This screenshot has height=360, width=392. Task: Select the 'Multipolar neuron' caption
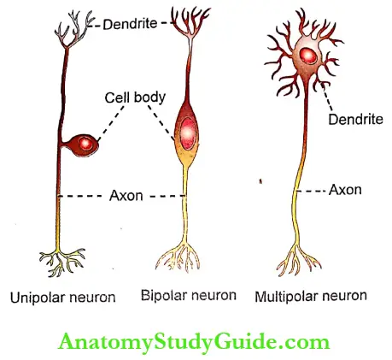tap(312, 297)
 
